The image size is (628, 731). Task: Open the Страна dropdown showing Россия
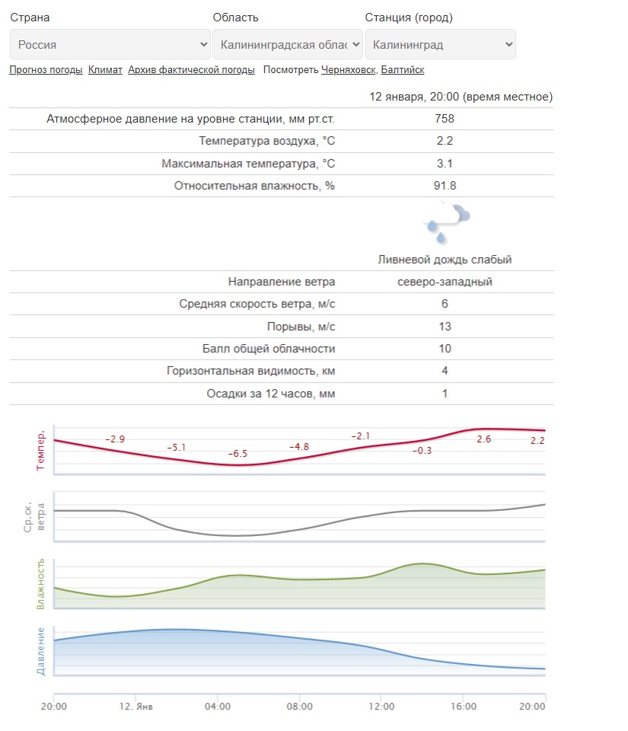point(110,44)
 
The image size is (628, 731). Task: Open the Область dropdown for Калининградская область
point(287,44)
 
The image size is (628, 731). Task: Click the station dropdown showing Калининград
point(440,44)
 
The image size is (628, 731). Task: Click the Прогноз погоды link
point(46,70)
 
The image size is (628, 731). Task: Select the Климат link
point(105,70)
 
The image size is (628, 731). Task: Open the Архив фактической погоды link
point(191,70)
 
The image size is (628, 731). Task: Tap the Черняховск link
point(348,70)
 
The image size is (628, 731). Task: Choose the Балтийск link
point(403,70)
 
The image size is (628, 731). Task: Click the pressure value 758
point(445,119)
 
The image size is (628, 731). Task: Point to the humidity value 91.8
point(445,186)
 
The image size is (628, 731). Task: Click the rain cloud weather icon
point(446,219)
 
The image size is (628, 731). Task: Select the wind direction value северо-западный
point(445,282)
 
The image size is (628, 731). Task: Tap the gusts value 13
point(445,327)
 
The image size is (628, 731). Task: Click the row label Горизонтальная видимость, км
point(250,372)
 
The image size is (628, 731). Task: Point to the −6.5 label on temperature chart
point(237,454)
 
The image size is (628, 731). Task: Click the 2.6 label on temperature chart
point(483,439)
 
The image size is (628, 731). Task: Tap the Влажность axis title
point(41,584)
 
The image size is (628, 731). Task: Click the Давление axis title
point(41,651)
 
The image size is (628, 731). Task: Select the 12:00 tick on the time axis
point(381,707)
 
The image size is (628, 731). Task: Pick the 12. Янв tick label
point(135,707)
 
